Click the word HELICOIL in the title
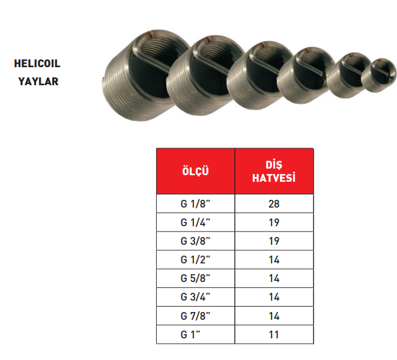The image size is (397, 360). click(x=37, y=64)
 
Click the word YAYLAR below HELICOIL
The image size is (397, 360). click(x=38, y=82)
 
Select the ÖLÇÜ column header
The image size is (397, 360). click(x=195, y=171)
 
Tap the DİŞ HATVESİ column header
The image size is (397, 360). click(x=274, y=171)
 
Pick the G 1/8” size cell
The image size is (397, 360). click(x=195, y=203)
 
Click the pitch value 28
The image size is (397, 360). click(x=274, y=204)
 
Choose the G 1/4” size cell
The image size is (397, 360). click(x=195, y=223)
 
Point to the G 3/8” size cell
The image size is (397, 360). click(x=195, y=241)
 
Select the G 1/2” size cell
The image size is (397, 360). click(x=195, y=260)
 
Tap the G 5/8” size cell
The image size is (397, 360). click(x=195, y=278)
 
